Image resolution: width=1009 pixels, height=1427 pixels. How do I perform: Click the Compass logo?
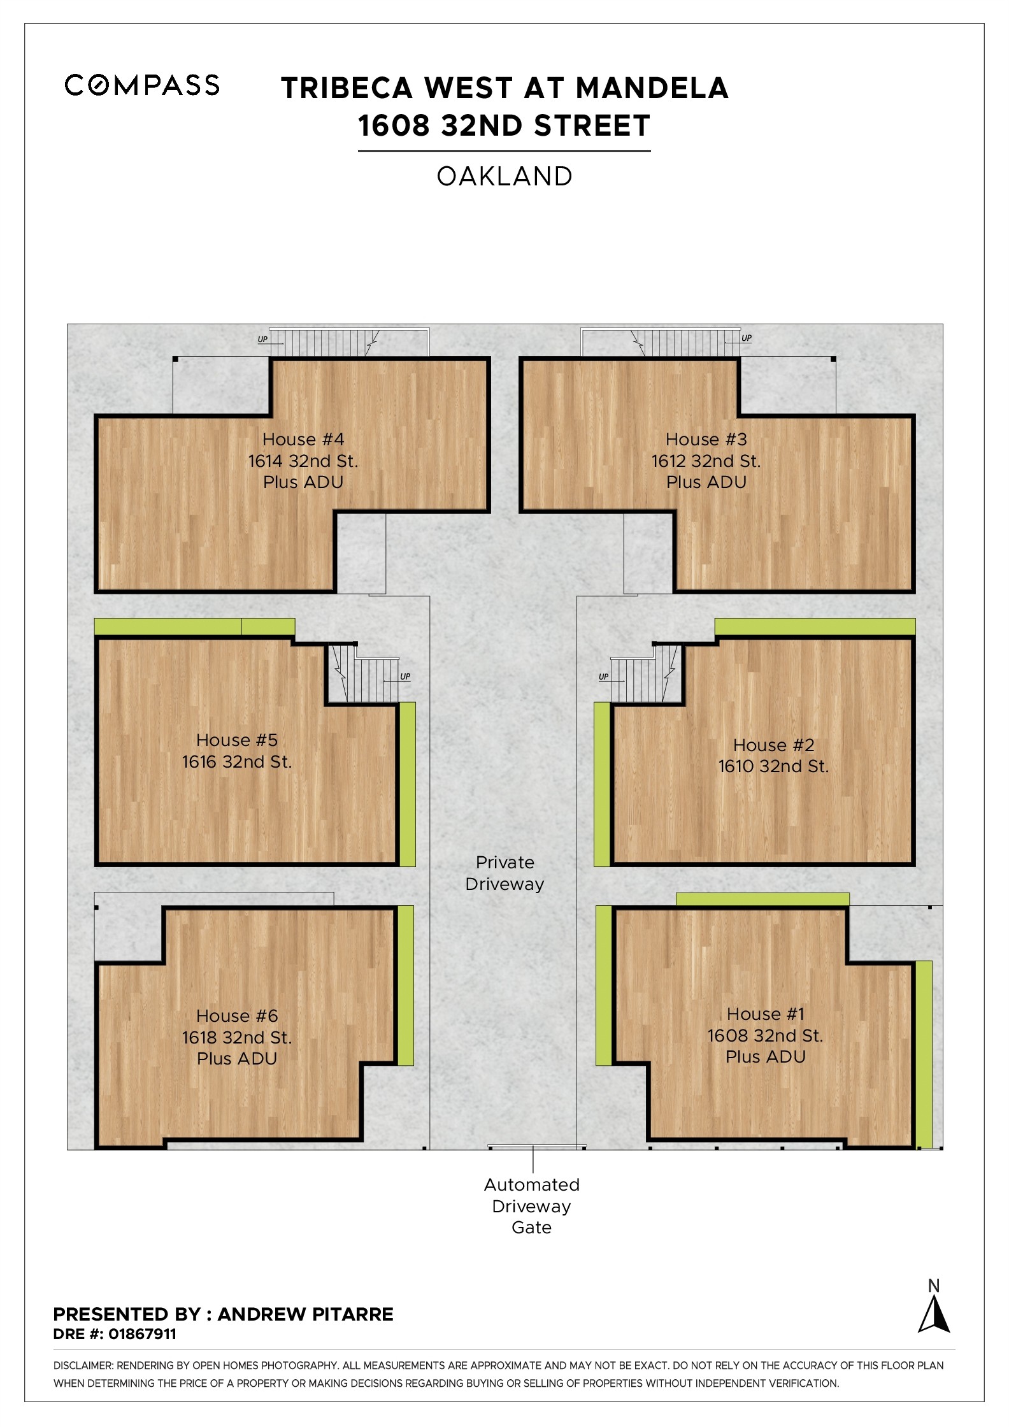click(142, 85)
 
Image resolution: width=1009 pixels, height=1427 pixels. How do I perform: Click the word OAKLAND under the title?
click(504, 176)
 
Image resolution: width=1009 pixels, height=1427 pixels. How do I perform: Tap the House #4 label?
click(303, 440)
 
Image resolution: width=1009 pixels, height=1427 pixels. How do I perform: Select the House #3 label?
click(706, 440)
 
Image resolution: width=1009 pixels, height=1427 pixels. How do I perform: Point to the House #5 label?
click(237, 740)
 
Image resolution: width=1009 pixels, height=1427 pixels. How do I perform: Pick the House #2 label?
click(773, 745)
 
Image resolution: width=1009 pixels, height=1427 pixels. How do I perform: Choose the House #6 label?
click(237, 1015)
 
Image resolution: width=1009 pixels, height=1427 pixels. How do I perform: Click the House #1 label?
click(766, 1014)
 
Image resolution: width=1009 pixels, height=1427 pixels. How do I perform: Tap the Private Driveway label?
click(504, 873)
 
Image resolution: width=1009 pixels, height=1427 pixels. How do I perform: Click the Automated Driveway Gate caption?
click(532, 1206)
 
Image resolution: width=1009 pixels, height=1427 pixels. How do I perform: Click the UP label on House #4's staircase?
click(262, 340)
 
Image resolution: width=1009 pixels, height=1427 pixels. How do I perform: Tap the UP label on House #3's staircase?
click(747, 338)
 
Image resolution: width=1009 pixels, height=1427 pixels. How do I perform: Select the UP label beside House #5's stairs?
click(405, 677)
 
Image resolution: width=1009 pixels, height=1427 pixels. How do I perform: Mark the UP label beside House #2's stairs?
click(604, 677)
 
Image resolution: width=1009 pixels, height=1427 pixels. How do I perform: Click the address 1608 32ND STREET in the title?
click(504, 125)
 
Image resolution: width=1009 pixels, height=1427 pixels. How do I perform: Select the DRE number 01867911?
click(142, 1334)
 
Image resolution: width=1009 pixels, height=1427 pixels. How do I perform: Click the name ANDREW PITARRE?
click(306, 1314)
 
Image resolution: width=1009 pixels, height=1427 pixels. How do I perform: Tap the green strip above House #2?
click(815, 627)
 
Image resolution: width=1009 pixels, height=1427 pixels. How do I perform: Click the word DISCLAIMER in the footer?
click(83, 1366)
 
